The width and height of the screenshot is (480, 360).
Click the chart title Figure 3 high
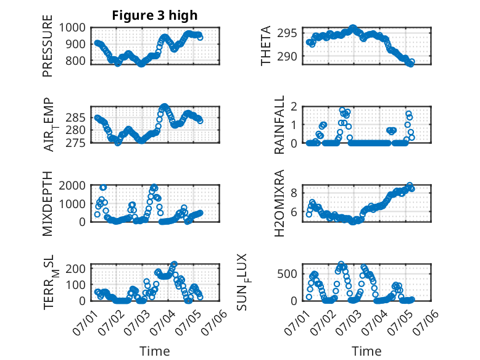[155, 15]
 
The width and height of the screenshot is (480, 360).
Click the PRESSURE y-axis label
[48, 46]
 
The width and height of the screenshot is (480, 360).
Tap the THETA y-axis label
[266, 46]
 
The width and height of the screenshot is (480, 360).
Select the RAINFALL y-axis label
[279, 125]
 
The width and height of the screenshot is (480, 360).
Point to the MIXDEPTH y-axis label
[48, 204]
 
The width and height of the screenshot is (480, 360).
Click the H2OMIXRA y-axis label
[279, 203]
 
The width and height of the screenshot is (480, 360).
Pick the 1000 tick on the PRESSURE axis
[72, 28]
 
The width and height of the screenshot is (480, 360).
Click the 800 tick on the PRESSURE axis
[76, 61]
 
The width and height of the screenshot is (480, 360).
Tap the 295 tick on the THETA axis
[287, 33]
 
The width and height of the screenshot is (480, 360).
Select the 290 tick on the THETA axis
[287, 56]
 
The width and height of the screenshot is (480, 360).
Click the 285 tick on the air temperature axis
[76, 118]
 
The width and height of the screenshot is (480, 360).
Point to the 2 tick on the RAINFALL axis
[294, 107]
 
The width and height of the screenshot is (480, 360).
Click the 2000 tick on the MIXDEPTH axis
[72, 185]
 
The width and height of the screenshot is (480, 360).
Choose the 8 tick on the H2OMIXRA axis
[294, 193]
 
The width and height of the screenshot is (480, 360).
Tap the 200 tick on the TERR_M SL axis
[76, 269]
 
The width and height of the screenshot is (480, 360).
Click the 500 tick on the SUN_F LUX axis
[287, 274]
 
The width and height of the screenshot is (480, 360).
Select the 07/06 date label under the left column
[214, 322]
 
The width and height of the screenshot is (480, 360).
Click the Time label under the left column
[155, 351]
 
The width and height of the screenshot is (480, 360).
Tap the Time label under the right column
[366, 351]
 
